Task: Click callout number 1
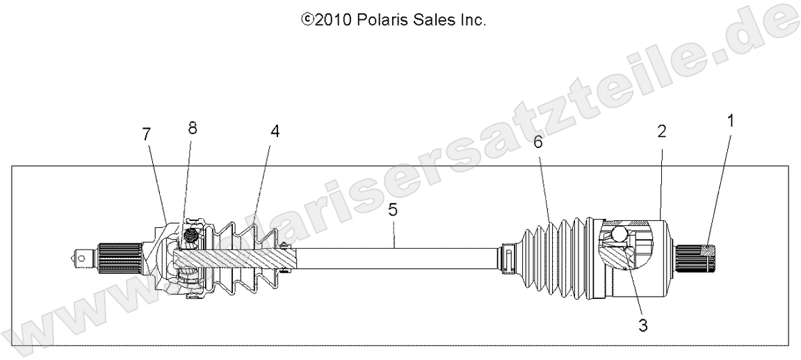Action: click(x=730, y=121)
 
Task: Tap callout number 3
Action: click(x=643, y=324)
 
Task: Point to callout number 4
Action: click(x=275, y=131)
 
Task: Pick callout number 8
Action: click(x=193, y=128)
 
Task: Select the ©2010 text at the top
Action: click(x=327, y=20)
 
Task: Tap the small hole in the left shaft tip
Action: click(x=80, y=259)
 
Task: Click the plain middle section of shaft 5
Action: click(x=396, y=257)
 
